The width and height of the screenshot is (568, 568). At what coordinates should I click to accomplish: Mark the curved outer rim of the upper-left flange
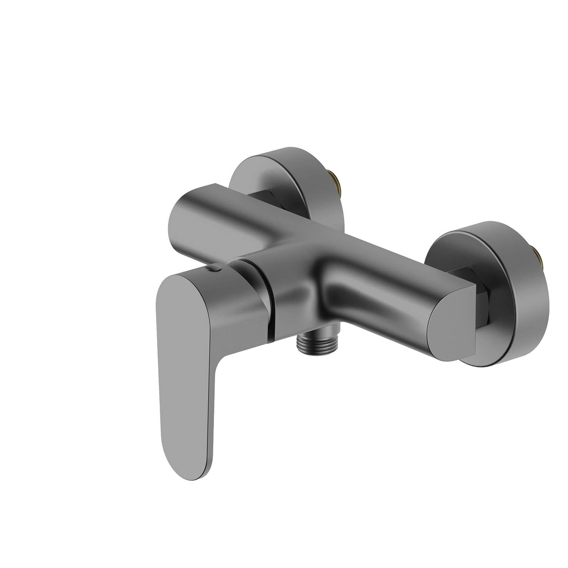(299, 165)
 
